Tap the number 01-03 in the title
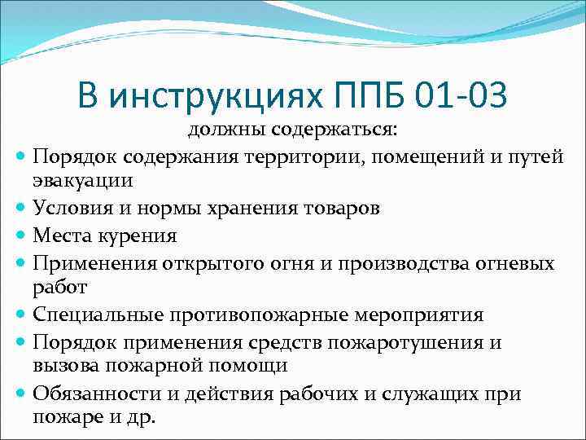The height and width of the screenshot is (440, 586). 461,95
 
